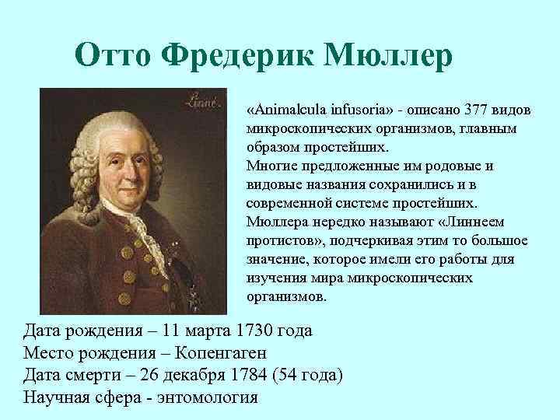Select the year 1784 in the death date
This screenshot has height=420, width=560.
coord(247,375)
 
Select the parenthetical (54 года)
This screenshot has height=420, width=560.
coord(307,375)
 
